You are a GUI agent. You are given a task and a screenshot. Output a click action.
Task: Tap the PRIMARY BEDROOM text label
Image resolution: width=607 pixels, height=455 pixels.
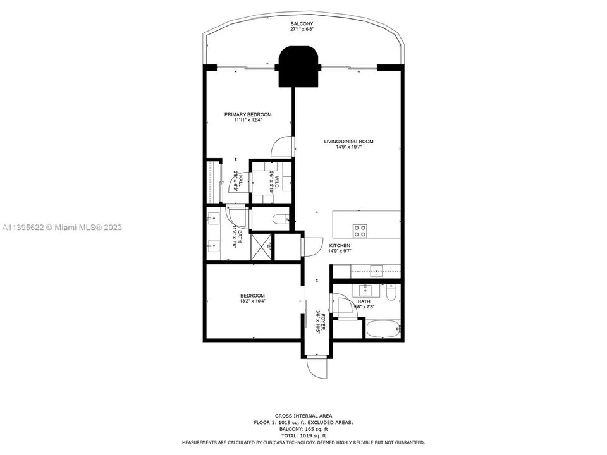pos(248,114)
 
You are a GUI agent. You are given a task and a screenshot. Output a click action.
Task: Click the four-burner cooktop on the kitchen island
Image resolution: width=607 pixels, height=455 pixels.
pos(360,229)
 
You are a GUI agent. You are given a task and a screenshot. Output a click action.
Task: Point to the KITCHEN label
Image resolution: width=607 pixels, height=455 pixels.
pos(339,245)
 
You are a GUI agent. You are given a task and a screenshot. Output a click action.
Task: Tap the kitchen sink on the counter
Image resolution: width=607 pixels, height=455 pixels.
pos(377,272)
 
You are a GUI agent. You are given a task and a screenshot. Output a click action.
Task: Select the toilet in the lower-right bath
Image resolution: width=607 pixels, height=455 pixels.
pos(391,293)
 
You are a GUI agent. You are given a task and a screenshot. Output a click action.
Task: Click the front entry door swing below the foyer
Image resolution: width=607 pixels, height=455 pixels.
pos(316,367)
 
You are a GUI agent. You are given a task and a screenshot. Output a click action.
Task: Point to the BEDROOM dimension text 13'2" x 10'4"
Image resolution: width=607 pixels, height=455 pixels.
pos(252,301)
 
